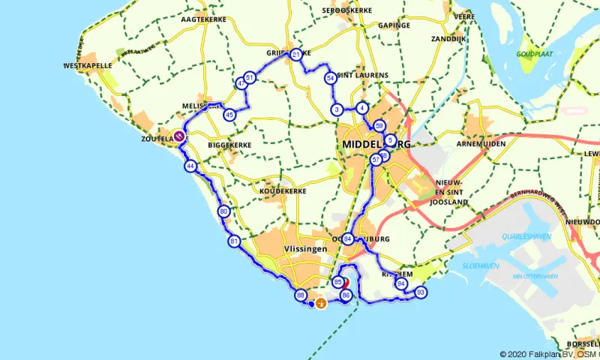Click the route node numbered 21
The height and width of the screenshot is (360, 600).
point(296,55)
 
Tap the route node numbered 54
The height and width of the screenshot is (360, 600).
point(330,78)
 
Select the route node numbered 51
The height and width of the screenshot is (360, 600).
point(249,77)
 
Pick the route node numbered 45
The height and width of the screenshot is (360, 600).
point(229,115)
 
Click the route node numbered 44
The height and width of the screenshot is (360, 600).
point(191,166)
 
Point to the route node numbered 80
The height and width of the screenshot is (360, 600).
point(224,212)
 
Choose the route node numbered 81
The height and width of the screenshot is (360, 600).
point(234,241)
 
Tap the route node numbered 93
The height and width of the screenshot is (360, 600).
point(421,292)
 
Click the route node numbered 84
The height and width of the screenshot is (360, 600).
point(349,239)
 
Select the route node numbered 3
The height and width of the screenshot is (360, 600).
point(337,110)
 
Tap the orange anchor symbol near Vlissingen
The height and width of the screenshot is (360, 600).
point(321,304)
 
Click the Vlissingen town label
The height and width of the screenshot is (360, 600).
point(305,249)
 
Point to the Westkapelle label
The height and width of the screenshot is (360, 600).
point(88,66)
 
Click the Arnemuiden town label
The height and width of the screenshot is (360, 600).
point(480,143)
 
